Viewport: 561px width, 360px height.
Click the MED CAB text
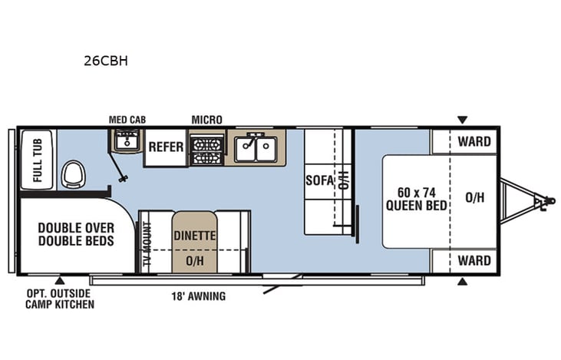(127, 120)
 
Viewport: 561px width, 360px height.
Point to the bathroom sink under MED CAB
(126, 140)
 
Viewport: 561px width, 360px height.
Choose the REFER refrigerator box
(166, 147)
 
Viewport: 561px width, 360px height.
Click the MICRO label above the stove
(206, 120)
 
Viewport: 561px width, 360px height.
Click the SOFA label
(318, 181)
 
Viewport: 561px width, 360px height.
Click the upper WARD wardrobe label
(474, 141)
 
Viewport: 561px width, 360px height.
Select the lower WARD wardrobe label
(474, 261)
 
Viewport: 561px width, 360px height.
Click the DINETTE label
(194, 236)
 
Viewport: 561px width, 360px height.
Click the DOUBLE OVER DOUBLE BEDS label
(76, 234)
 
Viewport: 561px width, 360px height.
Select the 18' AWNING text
(198, 296)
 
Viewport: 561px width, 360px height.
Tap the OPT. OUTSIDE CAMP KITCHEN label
(60, 299)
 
